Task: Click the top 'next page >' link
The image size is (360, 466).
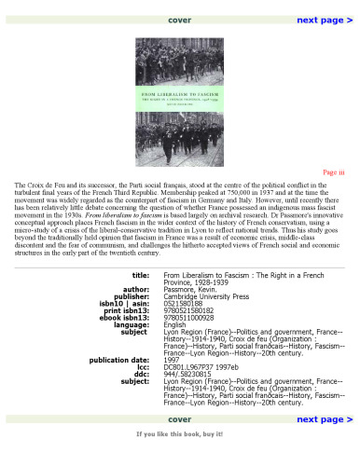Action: pos(324,20)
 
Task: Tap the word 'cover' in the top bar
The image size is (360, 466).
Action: pos(180,20)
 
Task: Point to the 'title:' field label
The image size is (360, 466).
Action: pos(140,302)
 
